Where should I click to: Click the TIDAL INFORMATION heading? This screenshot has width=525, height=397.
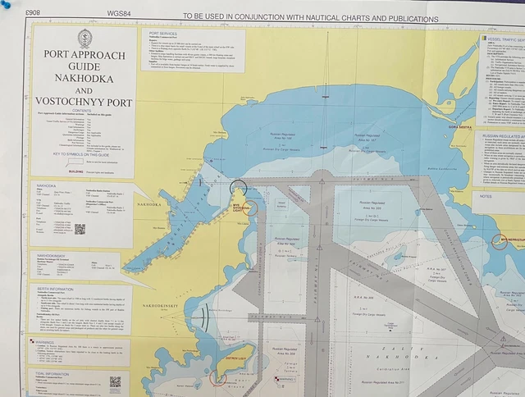pos(59,372)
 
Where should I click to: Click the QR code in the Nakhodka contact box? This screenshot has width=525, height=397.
pos(80,229)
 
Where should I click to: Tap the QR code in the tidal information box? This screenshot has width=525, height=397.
pos(115,381)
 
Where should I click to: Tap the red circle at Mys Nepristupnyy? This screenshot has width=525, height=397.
pos(500,241)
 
